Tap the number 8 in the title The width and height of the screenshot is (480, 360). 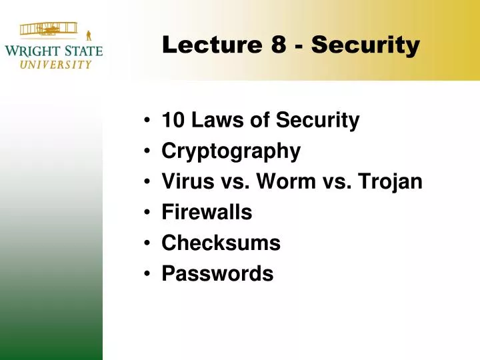pos(279,45)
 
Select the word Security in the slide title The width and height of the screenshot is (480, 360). pos(365,45)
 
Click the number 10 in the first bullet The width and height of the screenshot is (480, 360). pos(173,121)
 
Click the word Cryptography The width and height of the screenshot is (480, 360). pos(231,152)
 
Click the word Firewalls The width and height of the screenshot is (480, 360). pos(207,213)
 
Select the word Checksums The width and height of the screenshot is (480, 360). pos(221,243)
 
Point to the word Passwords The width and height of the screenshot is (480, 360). pos(217,274)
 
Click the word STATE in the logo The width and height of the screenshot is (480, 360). pos(83,51)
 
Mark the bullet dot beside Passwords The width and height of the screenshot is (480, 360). pos(146,275)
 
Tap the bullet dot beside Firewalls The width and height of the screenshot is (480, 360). pos(146,213)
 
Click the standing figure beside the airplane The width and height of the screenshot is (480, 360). pos(89,32)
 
